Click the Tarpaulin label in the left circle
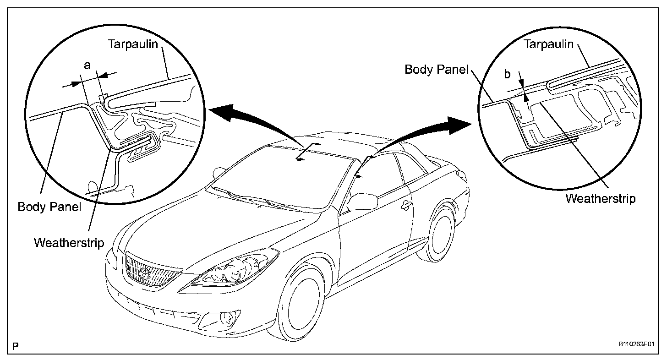coord(132,44)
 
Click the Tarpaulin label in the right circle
coord(548,44)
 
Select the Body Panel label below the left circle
coord(49,207)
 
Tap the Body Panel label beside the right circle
coord(437,70)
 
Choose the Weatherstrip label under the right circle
coord(601,199)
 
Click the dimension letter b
coord(507,74)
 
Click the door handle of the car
coord(405,207)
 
